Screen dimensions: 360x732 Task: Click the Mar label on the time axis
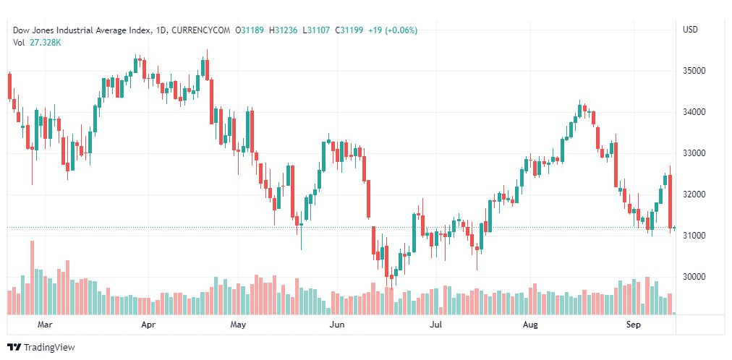(x=46, y=325)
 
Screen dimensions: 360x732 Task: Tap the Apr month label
(x=148, y=325)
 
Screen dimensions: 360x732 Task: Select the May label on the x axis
(x=239, y=325)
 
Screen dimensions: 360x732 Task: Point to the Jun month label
(x=336, y=325)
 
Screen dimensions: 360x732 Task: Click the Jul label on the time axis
(x=435, y=325)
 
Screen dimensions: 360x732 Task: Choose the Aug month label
(x=530, y=325)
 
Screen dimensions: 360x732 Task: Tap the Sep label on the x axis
(x=634, y=325)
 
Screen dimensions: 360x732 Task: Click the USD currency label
(x=690, y=30)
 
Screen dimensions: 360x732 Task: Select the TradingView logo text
(x=49, y=348)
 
